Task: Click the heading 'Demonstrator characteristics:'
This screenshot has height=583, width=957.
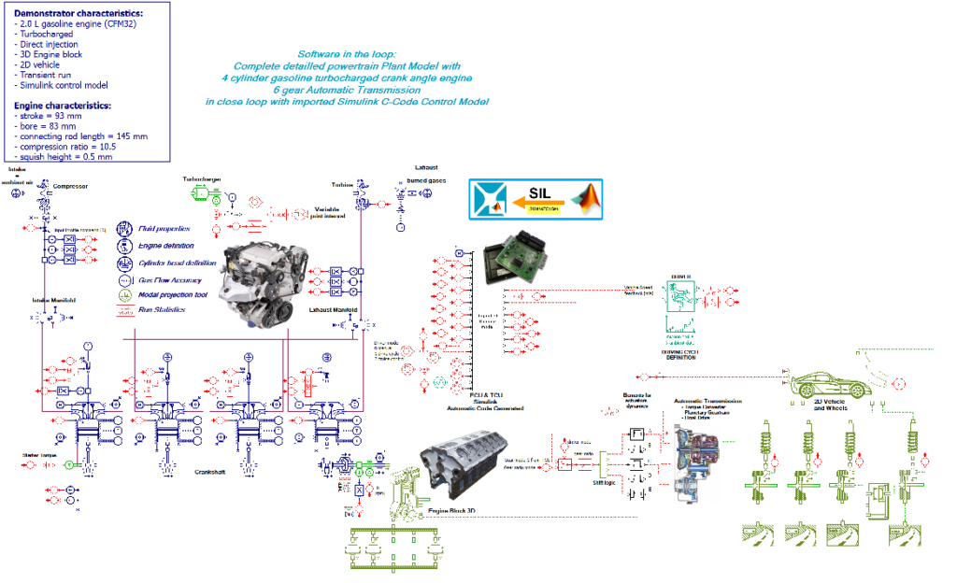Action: (79, 14)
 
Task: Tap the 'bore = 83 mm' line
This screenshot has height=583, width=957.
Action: (47, 126)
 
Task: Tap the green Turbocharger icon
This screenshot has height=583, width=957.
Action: (200, 192)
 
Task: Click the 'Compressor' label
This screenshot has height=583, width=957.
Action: (70, 186)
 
